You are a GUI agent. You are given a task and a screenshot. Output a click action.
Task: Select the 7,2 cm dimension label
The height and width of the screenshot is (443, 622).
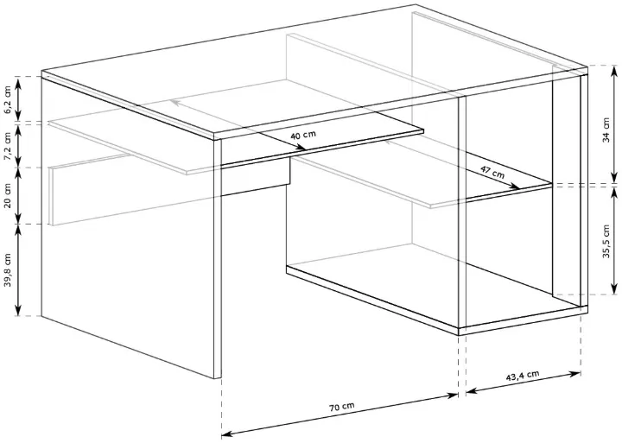[8, 147]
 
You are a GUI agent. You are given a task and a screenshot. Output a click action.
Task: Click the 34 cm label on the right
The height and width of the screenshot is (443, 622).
[606, 130]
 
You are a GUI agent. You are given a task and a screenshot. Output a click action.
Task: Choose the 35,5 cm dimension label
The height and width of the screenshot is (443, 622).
[606, 242]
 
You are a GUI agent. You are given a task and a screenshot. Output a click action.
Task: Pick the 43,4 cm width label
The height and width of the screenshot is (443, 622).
[523, 375]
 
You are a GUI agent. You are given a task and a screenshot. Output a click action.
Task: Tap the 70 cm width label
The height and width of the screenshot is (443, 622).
[341, 406]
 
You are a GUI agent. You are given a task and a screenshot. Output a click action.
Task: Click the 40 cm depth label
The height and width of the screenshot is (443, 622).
[303, 135]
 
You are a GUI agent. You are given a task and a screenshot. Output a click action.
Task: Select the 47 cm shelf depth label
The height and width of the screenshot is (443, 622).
[492, 172]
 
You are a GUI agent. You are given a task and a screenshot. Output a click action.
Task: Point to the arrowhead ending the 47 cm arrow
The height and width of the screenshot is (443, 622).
[515, 186]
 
